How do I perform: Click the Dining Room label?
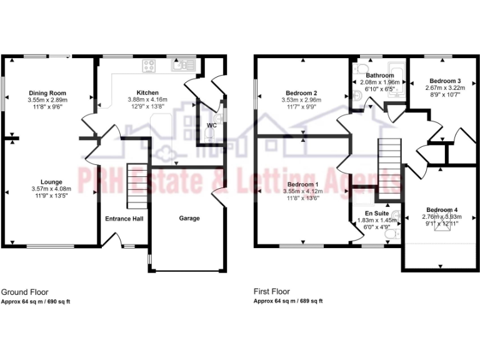point(47,93)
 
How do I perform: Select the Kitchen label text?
point(139,92)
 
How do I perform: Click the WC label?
point(211,125)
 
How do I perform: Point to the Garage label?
point(189,218)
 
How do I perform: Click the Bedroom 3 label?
point(445,81)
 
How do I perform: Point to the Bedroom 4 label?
point(442,209)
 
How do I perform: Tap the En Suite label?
point(377,213)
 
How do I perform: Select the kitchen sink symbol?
point(182,64)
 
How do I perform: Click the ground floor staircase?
point(137,186)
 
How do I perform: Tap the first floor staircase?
point(389,165)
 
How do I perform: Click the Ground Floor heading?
point(24,292)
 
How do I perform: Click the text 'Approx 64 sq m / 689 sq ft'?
point(288,301)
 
